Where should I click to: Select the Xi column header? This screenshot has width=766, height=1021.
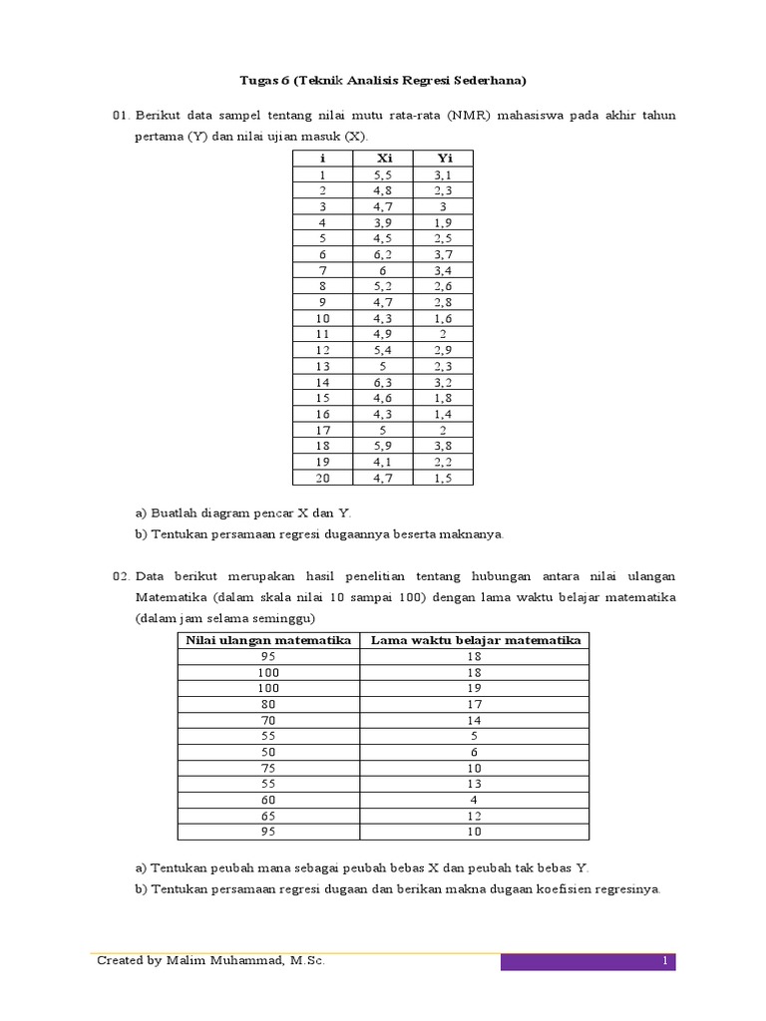point(384,158)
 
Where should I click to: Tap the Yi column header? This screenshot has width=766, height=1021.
point(444,158)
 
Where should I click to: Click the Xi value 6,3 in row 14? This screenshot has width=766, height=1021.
point(384,381)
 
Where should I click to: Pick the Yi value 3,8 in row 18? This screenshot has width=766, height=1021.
point(444,446)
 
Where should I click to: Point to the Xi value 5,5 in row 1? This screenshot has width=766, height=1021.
point(384,173)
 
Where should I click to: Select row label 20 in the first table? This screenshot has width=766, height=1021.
point(322,479)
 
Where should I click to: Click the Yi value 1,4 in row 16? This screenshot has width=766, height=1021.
point(444,414)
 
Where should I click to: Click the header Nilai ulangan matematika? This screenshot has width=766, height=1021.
point(269,640)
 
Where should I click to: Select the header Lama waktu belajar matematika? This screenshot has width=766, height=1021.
point(475,640)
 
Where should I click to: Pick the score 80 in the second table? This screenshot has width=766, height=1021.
point(269,704)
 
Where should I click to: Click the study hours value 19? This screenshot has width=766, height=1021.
point(475,688)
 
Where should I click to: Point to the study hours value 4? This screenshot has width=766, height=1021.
point(475,800)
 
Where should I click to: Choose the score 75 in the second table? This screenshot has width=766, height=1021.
point(269,768)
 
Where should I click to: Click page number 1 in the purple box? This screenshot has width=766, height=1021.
point(663,961)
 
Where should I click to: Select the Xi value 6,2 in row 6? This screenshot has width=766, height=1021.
point(384,253)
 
